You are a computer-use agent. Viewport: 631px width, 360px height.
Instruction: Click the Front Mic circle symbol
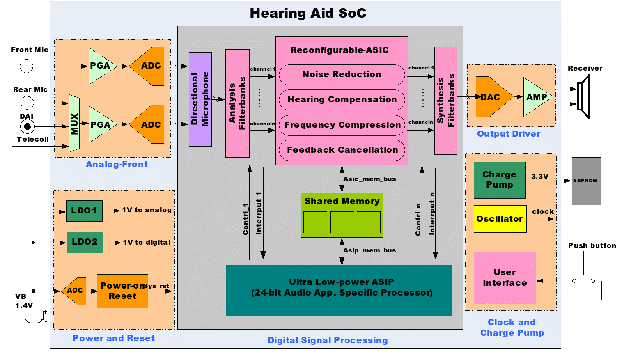coord(27,66)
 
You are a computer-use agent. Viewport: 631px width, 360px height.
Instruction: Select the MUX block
coord(74,124)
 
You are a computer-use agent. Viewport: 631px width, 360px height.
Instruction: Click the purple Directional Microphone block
coord(200,99)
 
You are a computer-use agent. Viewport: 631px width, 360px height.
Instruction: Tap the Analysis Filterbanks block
coord(237,103)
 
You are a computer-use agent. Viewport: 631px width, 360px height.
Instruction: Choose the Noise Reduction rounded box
coord(342,75)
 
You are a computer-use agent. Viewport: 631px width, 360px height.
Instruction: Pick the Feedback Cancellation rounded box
coord(342,150)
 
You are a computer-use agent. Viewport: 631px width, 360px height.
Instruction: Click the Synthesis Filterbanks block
coord(446,101)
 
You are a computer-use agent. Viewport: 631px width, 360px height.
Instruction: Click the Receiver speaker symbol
coord(584,96)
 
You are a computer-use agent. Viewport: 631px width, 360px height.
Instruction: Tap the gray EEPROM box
coord(586,181)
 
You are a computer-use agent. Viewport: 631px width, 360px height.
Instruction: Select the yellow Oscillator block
coord(500,219)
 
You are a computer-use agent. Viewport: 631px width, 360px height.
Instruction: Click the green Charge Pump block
coord(499,180)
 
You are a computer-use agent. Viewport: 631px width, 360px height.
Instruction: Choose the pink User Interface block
coord(505,278)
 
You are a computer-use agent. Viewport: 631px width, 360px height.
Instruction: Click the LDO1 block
coord(84,211)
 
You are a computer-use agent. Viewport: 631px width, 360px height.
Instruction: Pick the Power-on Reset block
coord(122,291)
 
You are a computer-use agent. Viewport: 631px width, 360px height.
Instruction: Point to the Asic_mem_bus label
coord(369,179)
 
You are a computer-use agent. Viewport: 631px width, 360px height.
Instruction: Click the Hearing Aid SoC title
coord(308,14)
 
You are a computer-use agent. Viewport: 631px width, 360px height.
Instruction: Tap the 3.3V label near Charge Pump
coord(539,177)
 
